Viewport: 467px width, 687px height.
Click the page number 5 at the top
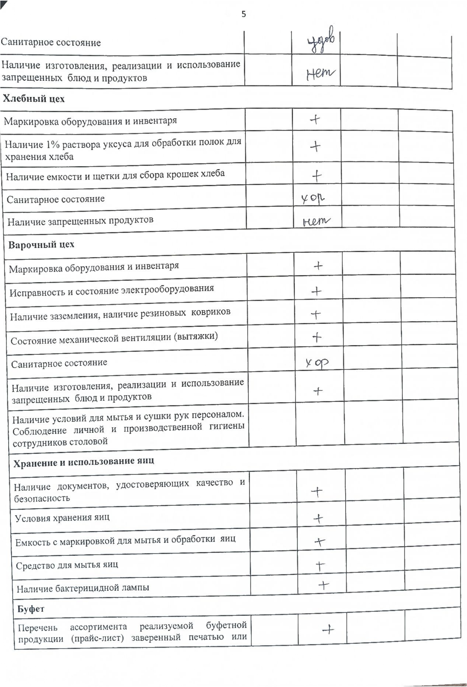point(244,14)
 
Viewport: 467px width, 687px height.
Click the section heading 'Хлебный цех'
point(33,99)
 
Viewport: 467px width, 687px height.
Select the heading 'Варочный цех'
point(42,245)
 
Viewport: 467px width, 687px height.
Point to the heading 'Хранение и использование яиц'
point(84,462)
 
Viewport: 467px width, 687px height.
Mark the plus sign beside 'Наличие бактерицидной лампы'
point(324,585)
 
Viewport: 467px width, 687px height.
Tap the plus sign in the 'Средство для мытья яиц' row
point(320,566)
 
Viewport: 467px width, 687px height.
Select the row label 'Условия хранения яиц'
point(62,518)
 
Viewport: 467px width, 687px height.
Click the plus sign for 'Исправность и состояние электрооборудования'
point(316,291)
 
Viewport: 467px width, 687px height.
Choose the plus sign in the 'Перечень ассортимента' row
point(328,630)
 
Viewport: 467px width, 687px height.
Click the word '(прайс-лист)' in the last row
point(97,639)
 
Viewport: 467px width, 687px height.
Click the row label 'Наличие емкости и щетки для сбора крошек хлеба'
point(115,176)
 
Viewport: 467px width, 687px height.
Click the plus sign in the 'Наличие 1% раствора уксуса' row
point(315,146)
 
